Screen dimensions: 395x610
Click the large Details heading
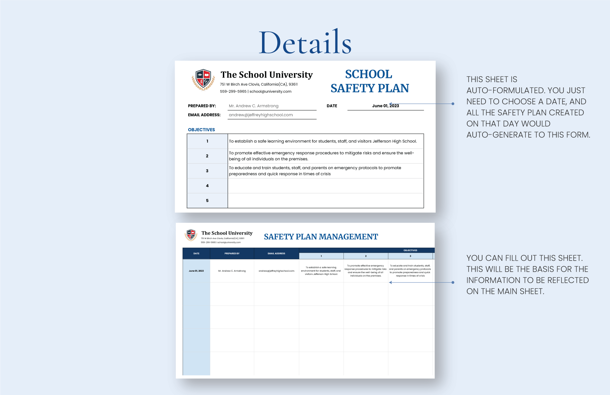[x=305, y=43]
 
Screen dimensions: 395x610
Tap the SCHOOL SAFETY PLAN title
[x=369, y=81]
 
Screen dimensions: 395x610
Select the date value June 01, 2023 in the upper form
[x=385, y=106]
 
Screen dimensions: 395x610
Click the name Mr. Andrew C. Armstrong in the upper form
[x=253, y=106]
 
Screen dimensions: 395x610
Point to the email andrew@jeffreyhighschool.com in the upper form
[x=261, y=115]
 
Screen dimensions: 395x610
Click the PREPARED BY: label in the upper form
[x=202, y=106]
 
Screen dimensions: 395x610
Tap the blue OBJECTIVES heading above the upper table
[x=201, y=130]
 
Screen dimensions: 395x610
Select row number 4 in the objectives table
[x=207, y=186]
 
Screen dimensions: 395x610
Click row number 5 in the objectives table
[x=207, y=201]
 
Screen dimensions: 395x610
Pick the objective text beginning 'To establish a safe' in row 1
[x=323, y=141]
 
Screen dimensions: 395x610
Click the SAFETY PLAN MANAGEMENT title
[x=321, y=237]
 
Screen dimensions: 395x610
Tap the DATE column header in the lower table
[x=196, y=254]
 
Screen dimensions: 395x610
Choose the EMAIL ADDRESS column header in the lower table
[x=276, y=254]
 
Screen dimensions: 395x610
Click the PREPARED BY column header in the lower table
[x=232, y=254]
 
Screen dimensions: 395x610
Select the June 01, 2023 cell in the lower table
[x=196, y=271]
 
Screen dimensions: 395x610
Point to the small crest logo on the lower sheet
[x=191, y=235]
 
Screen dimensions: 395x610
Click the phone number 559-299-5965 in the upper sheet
[x=233, y=91]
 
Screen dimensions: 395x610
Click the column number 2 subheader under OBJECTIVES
[x=366, y=256]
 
